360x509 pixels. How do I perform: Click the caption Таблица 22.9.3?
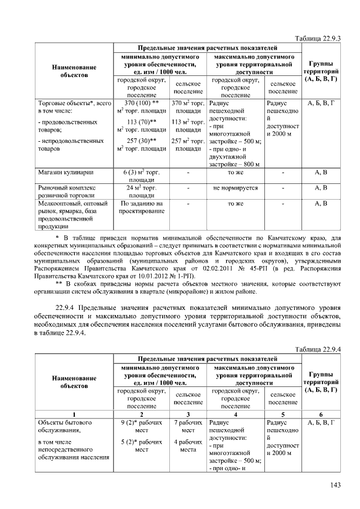pos(318,38)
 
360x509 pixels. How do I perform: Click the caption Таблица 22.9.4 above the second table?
pos(318,350)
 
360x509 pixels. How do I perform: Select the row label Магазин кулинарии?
pos(65,172)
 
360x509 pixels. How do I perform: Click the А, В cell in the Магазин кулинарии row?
pos(321,172)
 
